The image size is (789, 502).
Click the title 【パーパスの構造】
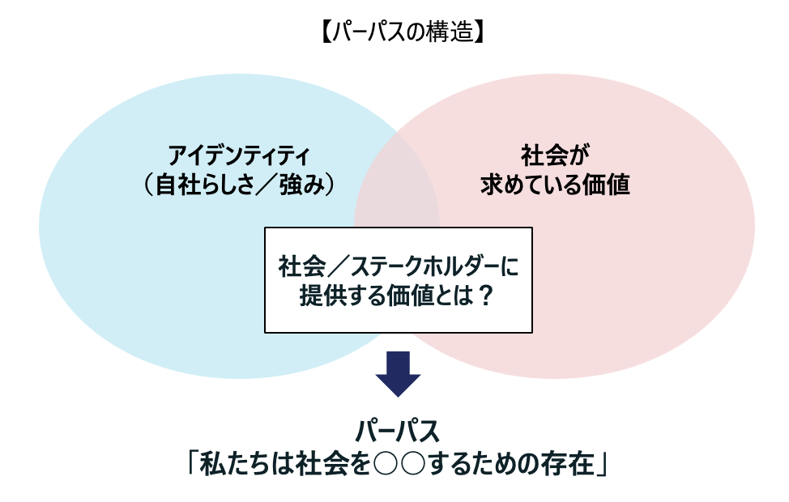point(402,32)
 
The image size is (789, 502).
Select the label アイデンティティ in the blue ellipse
point(239,155)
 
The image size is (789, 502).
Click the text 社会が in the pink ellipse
point(555,155)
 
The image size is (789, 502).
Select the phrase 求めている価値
point(555,185)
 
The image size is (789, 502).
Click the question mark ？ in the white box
point(485,296)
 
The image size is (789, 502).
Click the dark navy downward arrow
point(398,374)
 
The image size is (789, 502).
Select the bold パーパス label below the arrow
point(398,432)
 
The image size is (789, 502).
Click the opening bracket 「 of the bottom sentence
point(192,463)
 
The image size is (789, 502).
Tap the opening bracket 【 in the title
point(326,32)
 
